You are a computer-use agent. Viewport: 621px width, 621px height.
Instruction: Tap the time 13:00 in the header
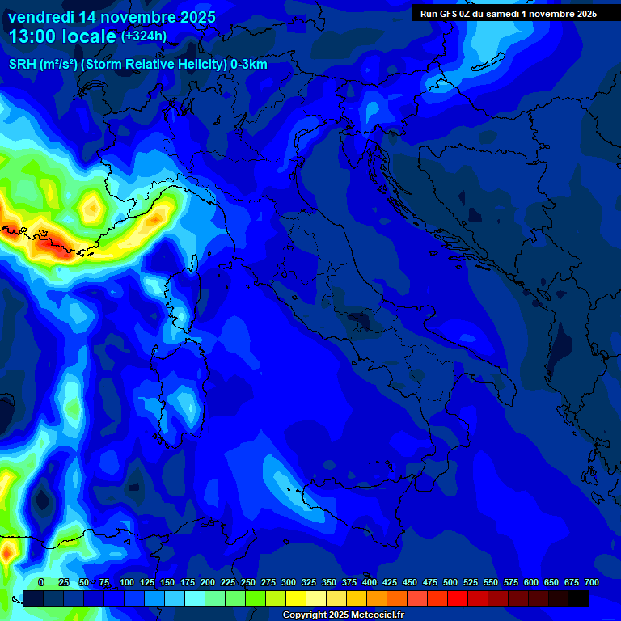34,37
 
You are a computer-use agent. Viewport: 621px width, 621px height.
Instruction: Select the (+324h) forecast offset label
144,36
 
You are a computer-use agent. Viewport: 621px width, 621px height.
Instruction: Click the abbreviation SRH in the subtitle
22,65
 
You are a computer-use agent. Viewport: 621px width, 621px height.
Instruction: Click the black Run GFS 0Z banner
508,14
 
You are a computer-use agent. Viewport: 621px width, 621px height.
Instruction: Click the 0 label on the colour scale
41,582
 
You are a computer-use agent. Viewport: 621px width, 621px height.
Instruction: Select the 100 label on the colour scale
127,582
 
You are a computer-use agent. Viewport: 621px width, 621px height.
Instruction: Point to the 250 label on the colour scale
248,582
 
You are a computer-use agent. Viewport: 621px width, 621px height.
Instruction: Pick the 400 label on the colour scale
370,582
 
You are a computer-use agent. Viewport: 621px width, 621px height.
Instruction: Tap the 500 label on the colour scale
450,582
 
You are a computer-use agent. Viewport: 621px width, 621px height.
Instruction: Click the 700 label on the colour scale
591,582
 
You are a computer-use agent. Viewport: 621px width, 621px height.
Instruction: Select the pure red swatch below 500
458,599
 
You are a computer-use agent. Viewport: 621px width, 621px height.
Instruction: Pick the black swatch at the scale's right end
579,599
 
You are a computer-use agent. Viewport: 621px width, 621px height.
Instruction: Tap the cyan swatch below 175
195,599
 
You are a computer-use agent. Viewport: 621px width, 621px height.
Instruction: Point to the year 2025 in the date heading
197,17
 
